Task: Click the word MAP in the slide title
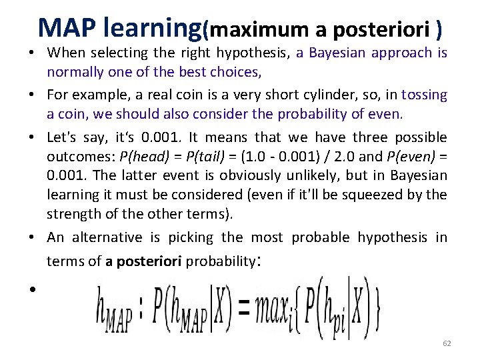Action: [65, 27]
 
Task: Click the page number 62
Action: [447, 343]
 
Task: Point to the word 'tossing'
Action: [425, 96]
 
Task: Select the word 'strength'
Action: [70, 214]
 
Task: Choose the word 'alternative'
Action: [107, 237]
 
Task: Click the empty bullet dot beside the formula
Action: [31, 289]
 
